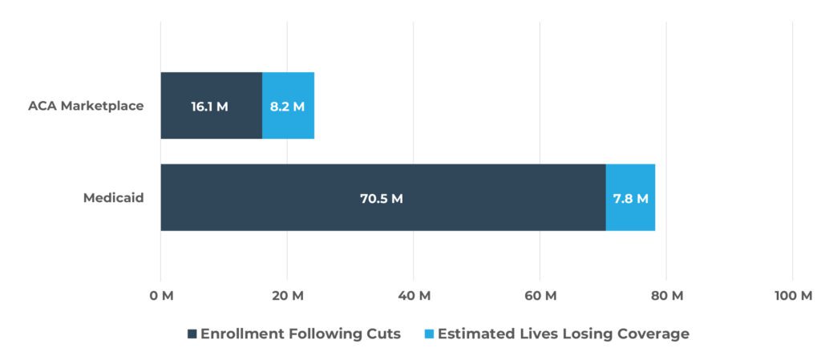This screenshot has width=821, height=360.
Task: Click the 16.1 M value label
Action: tap(209, 105)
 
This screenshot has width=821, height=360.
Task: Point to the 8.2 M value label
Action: tap(287, 105)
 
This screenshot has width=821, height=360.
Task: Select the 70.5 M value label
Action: tap(381, 198)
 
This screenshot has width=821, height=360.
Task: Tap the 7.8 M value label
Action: tap(630, 198)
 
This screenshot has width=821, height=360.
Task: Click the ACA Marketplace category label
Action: tap(86, 105)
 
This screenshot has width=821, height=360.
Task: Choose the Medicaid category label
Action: tap(113, 197)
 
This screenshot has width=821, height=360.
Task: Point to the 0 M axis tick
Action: tap(161, 296)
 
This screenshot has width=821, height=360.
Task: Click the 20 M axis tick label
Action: tap(287, 296)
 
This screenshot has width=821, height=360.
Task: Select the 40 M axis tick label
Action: tap(414, 296)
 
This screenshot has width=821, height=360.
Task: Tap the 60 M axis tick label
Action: tap(540, 296)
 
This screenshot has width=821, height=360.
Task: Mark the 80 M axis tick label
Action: tap(666, 296)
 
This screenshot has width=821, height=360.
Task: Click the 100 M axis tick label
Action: tap(794, 296)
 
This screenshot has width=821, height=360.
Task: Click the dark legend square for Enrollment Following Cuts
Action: tap(192, 334)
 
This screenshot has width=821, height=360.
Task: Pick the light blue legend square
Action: tap(429, 334)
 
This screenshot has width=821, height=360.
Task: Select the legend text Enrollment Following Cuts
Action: tap(300, 334)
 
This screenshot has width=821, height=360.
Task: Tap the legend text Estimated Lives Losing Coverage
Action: tap(563, 334)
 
